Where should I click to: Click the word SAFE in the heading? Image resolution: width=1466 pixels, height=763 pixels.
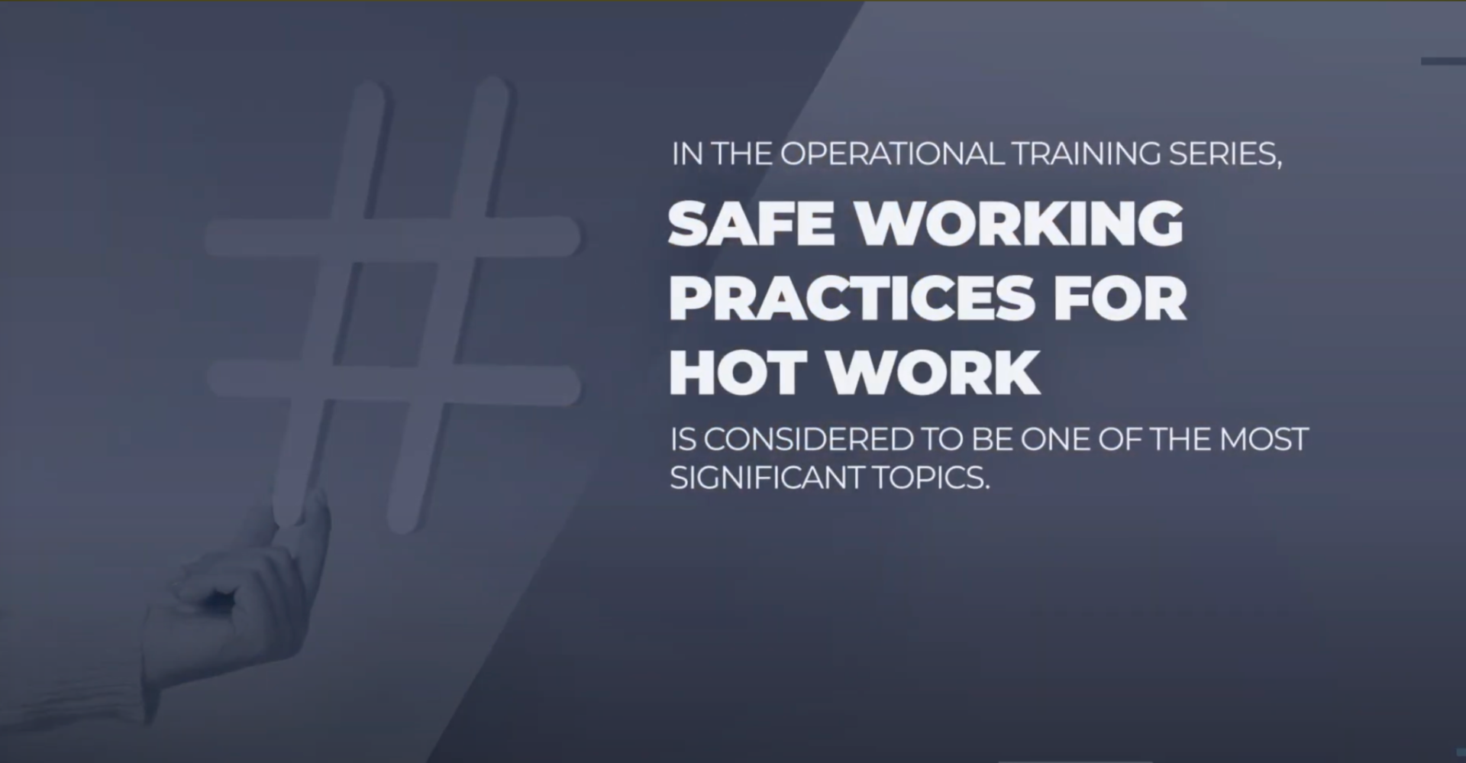(x=751, y=223)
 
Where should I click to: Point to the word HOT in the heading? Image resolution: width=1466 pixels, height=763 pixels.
(x=738, y=373)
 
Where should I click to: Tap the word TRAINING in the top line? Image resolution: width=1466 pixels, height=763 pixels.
(x=1087, y=155)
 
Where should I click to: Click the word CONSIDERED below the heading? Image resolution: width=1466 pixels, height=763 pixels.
(x=808, y=440)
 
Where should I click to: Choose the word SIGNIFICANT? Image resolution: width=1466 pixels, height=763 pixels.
(x=767, y=478)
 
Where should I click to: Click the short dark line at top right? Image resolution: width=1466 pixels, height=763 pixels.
(x=1443, y=61)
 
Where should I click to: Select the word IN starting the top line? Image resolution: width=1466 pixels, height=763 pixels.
(x=687, y=155)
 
